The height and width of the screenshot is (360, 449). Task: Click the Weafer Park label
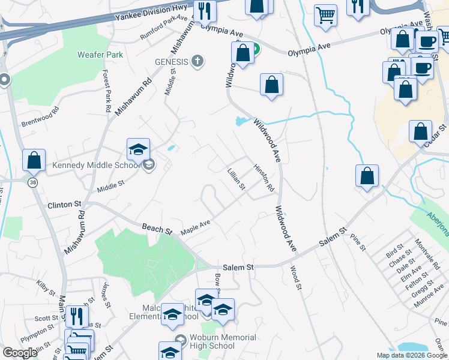click(x=100, y=55)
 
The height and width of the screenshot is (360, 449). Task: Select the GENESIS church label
click(x=172, y=61)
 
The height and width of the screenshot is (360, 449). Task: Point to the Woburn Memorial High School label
click(x=214, y=341)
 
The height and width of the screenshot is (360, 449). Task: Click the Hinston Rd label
click(x=264, y=178)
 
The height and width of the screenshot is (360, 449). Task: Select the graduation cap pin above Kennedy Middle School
click(x=138, y=150)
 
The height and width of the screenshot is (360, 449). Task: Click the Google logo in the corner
click(x=20, y=353)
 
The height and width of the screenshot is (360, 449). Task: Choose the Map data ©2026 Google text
click(x=412, y=355)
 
